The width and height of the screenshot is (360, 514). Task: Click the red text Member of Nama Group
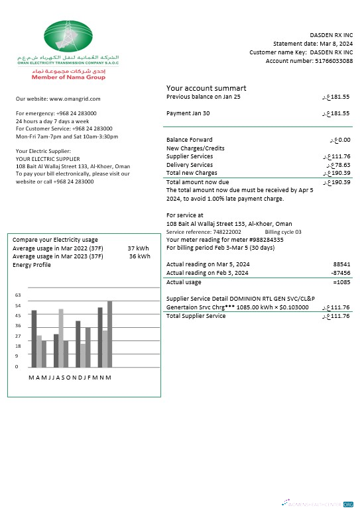click(68, 77)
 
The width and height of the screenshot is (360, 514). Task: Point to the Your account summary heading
click(206, 88)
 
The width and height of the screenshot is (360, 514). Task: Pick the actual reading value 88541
click(341, 264)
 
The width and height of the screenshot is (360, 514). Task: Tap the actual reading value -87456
click(341, 272)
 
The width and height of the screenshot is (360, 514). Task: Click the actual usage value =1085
click(341, 282)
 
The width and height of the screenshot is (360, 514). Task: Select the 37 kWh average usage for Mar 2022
click(139, 248)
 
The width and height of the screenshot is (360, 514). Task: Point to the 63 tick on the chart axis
click(18, 295)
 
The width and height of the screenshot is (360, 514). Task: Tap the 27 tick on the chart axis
click(18, 336)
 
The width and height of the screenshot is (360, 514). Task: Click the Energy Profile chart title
click(31, 265)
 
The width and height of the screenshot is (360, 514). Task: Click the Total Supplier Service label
click(196, 316)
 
